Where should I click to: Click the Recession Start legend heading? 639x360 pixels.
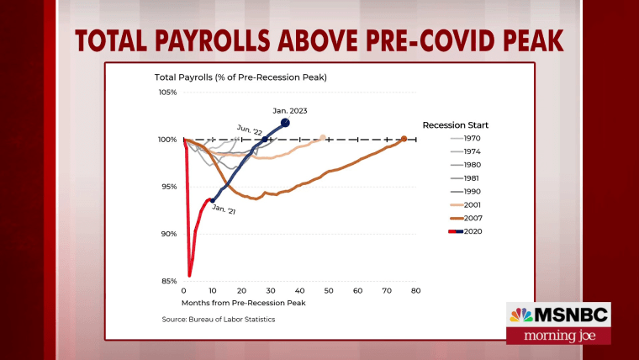456,124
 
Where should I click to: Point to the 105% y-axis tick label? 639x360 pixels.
167,92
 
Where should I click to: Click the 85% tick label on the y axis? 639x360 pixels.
169,281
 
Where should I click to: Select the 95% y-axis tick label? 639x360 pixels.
169,187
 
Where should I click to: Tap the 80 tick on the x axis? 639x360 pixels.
415,290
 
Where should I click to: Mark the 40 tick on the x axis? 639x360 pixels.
299,290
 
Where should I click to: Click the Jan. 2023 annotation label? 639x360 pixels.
291,109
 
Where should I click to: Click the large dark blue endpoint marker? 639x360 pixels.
285,123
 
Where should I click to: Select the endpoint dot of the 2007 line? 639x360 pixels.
404,139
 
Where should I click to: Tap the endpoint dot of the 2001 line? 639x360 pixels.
323,137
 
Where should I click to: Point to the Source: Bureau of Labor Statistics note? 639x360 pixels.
219,320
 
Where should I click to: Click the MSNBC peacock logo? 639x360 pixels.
521,315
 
